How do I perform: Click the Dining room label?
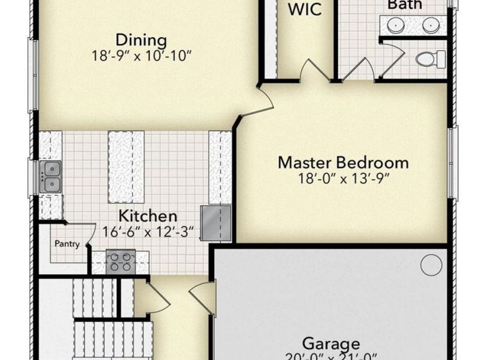(x=141, y=40)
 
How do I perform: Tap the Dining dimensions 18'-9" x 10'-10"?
(x=141, y=56)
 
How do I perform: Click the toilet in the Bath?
(x=430, y=58)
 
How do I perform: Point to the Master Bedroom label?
(x=343, y=162)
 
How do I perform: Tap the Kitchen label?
(x=147, y=216)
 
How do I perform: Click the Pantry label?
(x=67, y=244)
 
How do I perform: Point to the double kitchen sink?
(x=51, y=177)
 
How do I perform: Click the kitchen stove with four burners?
(x=120, y=261)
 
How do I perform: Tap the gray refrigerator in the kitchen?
(x=215, y=222)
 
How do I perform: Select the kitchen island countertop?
(x=126, y=166)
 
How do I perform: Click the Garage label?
(x=331, y=343)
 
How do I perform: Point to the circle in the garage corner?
(x=431, y=264)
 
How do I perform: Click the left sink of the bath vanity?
(x=395, y=24)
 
